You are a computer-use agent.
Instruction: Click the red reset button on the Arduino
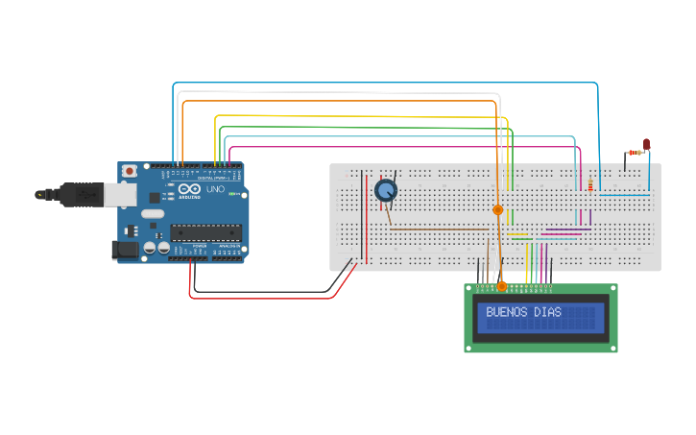(x=129, y=171)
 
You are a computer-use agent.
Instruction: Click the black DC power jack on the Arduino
(x=125, y=251)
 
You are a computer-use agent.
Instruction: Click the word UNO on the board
(x=215, y=190)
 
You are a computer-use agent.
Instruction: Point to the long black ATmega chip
(x=205, y=230)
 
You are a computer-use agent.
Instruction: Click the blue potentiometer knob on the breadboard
(x=385, y=190)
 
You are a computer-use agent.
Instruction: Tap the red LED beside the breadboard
(x=646, y=145)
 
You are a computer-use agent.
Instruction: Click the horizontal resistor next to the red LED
(x=634, y=152)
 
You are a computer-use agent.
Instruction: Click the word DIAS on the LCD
(x=548, y=312)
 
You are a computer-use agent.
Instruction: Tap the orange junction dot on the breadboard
(x=497, y=209)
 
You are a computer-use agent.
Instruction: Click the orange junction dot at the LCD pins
(x=501, y=286)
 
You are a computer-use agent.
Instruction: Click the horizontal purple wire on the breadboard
(x=566, y=229)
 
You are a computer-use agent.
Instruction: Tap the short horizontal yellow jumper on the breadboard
(x=519, y=235)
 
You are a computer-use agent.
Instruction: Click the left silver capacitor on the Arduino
(x=152, y=248)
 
